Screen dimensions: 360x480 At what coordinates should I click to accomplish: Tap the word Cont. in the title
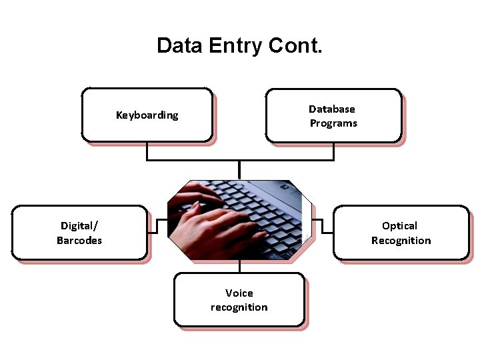[295, 46]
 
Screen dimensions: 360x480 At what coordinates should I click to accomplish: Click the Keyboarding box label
[147, 115]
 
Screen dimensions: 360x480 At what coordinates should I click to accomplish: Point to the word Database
[332, 109]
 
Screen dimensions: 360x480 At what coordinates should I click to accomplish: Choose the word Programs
[333, 123]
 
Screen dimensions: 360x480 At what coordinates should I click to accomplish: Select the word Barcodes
[79, 241]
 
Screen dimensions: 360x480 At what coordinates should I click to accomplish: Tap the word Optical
[400, 226]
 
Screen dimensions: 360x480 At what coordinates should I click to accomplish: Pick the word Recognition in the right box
[401, 241]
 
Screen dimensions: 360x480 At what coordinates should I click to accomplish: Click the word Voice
[239, 293]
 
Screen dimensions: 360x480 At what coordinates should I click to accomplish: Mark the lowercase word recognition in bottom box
[239, 307]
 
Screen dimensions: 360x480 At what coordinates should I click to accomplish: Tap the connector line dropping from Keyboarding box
[147, 151]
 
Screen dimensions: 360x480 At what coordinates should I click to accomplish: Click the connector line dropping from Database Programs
[333, 151]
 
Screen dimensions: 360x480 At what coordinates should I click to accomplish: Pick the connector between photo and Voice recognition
[240, 267]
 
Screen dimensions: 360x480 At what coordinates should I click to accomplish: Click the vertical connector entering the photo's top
[240, 170]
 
